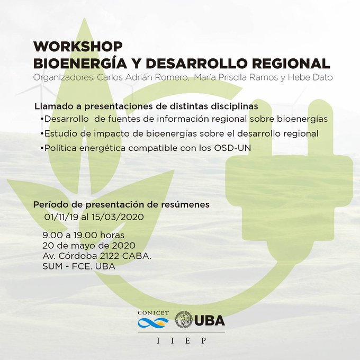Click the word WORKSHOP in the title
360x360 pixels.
point(78,47)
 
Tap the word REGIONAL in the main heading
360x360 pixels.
point(291,64)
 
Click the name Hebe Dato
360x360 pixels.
point(310,77)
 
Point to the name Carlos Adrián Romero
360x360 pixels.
point(142,77)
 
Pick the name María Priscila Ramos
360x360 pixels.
point(236,78)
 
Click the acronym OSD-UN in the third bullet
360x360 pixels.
point(232,148)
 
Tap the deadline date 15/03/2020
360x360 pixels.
point(118,217)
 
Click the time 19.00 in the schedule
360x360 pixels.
point(85,235)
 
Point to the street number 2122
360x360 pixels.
point(109,256)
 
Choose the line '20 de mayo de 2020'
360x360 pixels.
point(89,246)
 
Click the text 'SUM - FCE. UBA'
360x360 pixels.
point(79,266)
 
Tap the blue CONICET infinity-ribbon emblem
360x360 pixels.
point(153,323)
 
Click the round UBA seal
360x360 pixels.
point(184,319)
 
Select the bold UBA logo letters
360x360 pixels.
point(210,320)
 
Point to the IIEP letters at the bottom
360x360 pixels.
point(182,340)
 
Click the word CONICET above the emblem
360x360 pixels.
point(154,313)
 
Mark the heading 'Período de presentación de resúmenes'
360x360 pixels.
point(121,204)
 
